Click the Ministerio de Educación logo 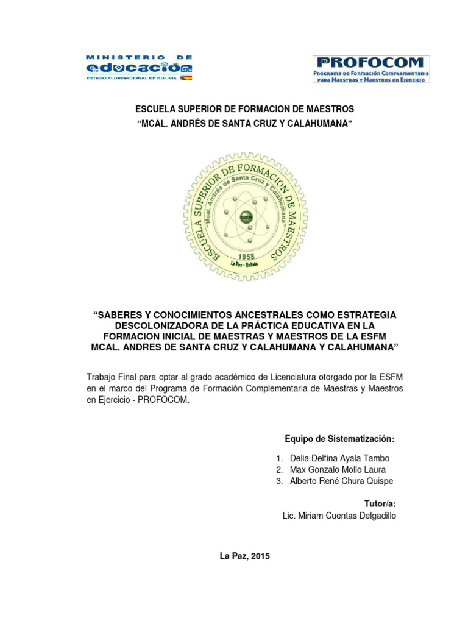(140, 68)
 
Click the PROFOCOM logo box (372, 69)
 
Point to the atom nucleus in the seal (246, 217)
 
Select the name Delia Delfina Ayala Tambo (339, 458)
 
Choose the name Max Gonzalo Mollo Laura (338, 470)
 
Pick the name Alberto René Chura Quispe (341, 481)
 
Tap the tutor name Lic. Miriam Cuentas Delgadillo (339, 516)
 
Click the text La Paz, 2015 (244, 556)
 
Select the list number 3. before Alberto (279, 481)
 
